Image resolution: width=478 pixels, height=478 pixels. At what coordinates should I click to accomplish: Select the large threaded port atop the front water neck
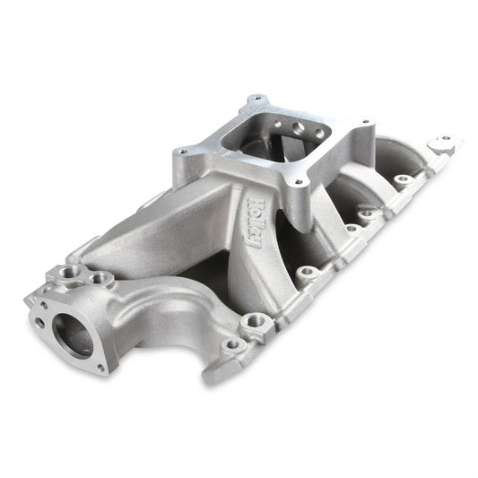72,271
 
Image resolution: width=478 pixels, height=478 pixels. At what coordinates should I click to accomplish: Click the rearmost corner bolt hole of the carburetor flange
259,100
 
